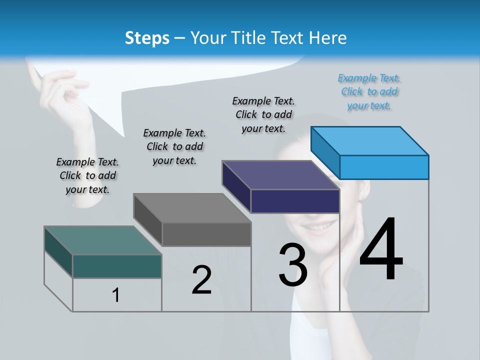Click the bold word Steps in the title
click(x=147, y=38)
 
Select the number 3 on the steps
click(x=293, y=265)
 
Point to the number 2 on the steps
click(x=201, y=280)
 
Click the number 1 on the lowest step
click(x=115, y=295)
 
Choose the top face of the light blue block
click(x=370, y=140)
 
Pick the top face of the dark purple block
click(x=281, y=175)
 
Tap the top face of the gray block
click(x=192, y=208)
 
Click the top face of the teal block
click(x=103, y=240)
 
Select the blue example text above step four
click(x=369, y=91)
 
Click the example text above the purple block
click(x=264, y=114)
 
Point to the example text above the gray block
click(x=174, y=146)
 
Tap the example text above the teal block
click(x=87, y=175)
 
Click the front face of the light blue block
click(x=384, y=167)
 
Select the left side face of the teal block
click(x=58, y=252)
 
